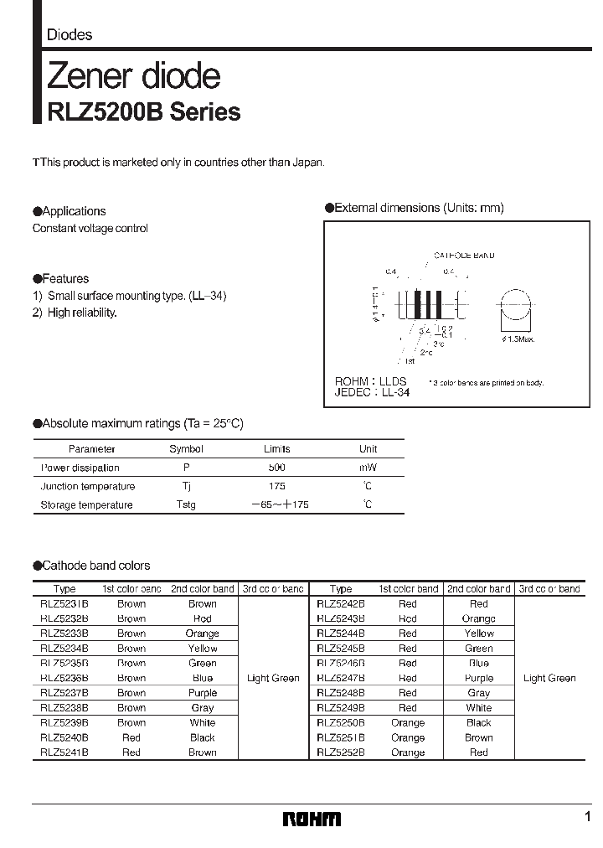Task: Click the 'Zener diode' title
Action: pos(133,76)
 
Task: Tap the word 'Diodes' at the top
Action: pos(69,35)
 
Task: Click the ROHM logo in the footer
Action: pos(311,818)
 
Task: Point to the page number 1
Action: pos(587,817)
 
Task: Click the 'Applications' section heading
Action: pos(73,211)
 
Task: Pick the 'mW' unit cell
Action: pos(368,468)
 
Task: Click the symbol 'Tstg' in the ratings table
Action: pos(186,504)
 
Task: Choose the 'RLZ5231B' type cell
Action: pos(64,603)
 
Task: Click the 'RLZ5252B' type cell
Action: pos(340,752)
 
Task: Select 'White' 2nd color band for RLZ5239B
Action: pos(202,722)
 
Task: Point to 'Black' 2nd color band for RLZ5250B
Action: pos(478,722)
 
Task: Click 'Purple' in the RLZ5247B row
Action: pos(478,678)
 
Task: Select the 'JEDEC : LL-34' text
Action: pos(373,391)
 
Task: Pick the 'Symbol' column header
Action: pos(186,449)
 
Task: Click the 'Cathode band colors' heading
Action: pos(95,566)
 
